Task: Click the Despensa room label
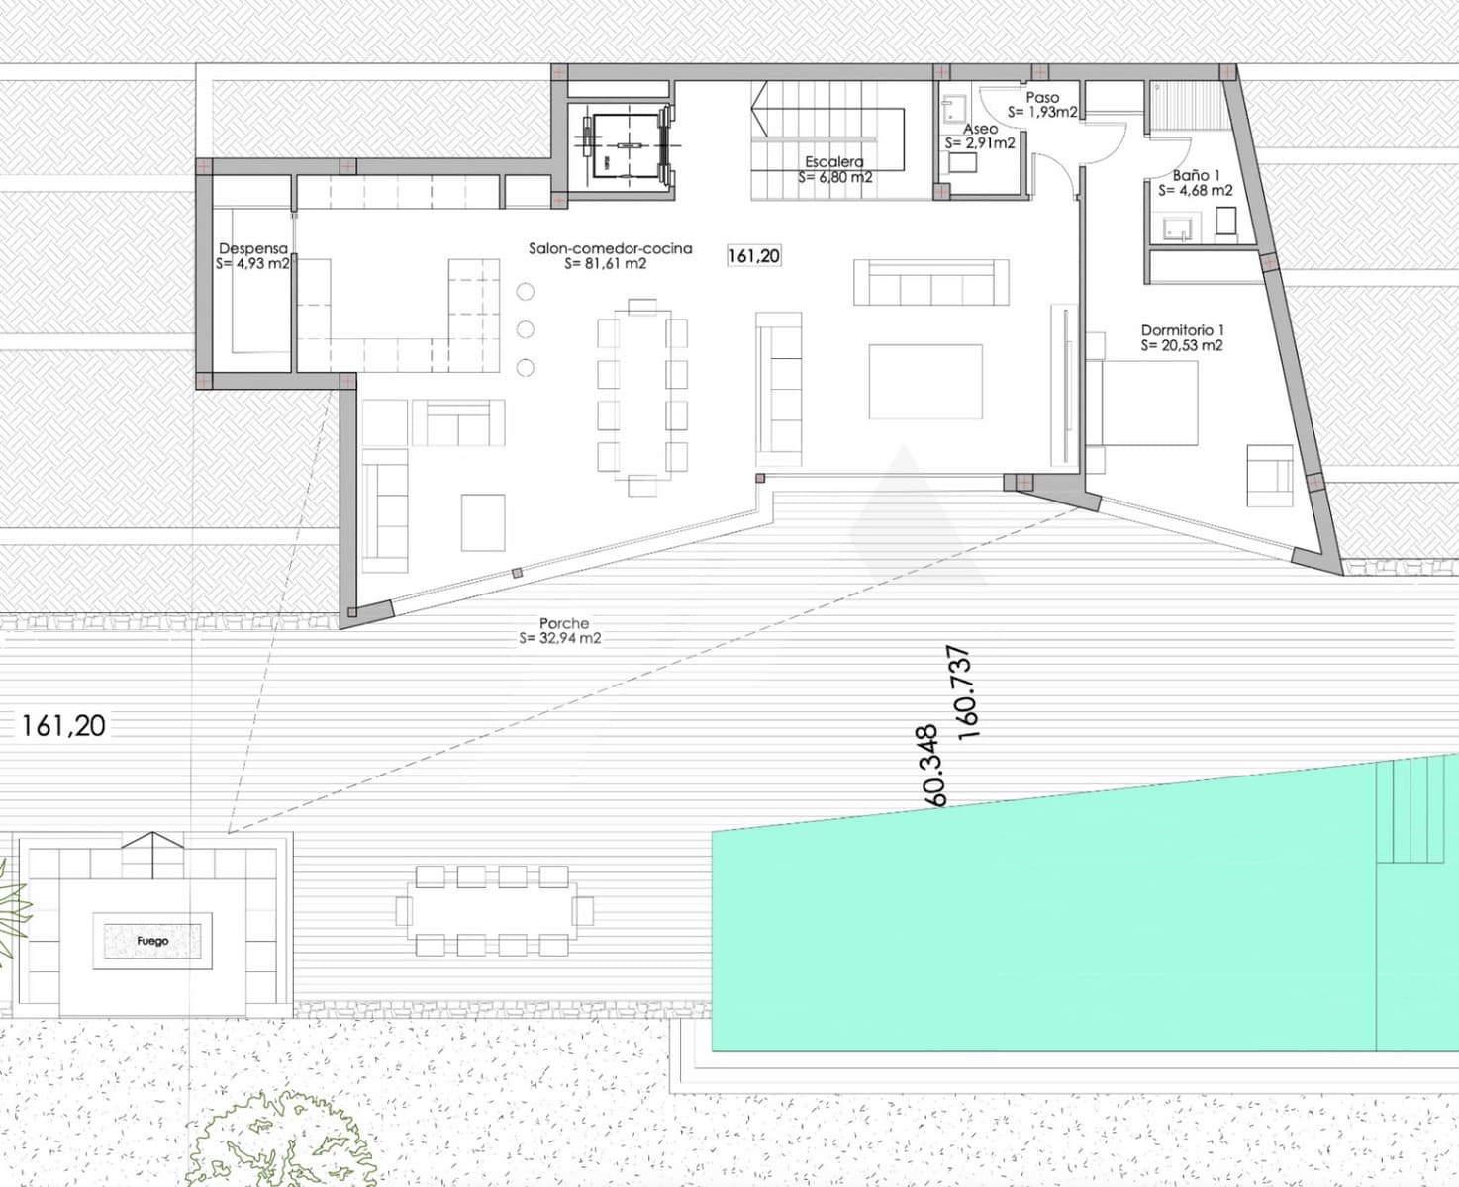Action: pyautogui.click(x=252, y=249)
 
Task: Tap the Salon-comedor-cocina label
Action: pyautogui.click(x=610, y=249)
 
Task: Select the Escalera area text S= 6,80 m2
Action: pyautogui.click(x=834, y=178)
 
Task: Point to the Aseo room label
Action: pyautogui.click(x=980, y=130)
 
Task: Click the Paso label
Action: pyautogui.click(x=1042, y=98)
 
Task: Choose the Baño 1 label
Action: pyautogui.click(x=1196, y=175)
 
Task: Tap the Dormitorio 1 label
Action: pyautogui.click(x=1182, y=330)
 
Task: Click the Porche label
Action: pyautogui.click(x=563, y=624)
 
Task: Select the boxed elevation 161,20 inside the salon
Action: pyautogui.click(x=754, y=256)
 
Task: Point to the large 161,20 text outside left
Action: pyautogui.click(x=63, y=726)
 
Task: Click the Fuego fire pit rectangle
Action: pyautogui.click(x=152, y=941)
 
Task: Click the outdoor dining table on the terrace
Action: pyautogui.click(x=493, y=911)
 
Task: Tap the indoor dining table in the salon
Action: pyautogui.click(x=641, y=394)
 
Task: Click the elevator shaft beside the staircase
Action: pyautogui.click(x=624, y=145)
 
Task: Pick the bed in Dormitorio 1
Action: pyautogui.click(x=1148, y=403)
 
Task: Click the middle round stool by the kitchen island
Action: pyautogui.click(x=526, y=329)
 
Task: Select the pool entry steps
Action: pyautogui.click(x=1417, y=811)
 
